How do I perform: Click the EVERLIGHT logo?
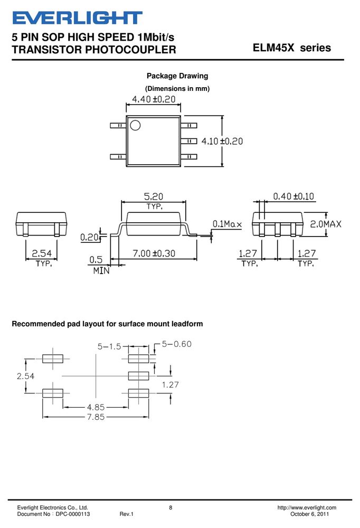click(77, 18)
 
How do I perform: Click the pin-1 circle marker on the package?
click(135, 125)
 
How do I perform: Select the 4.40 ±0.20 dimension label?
click(154, 99)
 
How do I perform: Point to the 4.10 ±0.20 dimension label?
click(222, 141)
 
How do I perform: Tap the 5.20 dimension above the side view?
click(154, 196)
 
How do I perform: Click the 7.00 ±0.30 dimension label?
click(154, 253)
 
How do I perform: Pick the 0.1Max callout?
click(227, 224)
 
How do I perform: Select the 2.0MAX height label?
click(326, 224)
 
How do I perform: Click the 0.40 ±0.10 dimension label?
click(293, 196)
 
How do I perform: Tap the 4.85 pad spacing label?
click(96, 407)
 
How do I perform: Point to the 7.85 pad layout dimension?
click(96, 417)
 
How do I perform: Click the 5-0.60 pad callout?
click(176, 344)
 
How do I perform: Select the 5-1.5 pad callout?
click(109, 346)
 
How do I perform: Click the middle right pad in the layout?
click(138, 376)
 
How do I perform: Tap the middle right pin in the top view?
click(188, 141)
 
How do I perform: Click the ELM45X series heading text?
click(291, 48)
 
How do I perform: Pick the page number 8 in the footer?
click(170, 507)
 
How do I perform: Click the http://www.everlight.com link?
click(307, 507)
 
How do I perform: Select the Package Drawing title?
click(177, 76)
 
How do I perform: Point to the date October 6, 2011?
click(309, 514)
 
